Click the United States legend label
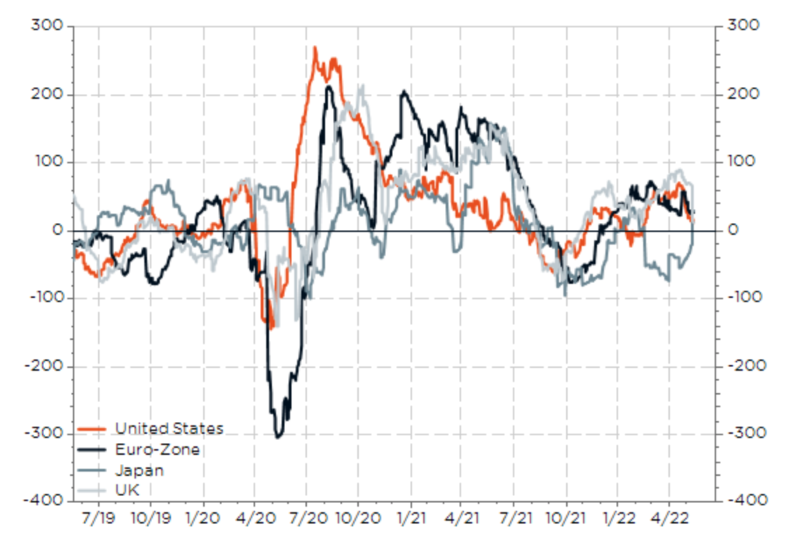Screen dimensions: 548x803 (x=169, y=428)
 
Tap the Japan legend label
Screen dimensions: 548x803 (x=139, y=470)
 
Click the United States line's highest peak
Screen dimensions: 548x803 (x=315, y=48)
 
